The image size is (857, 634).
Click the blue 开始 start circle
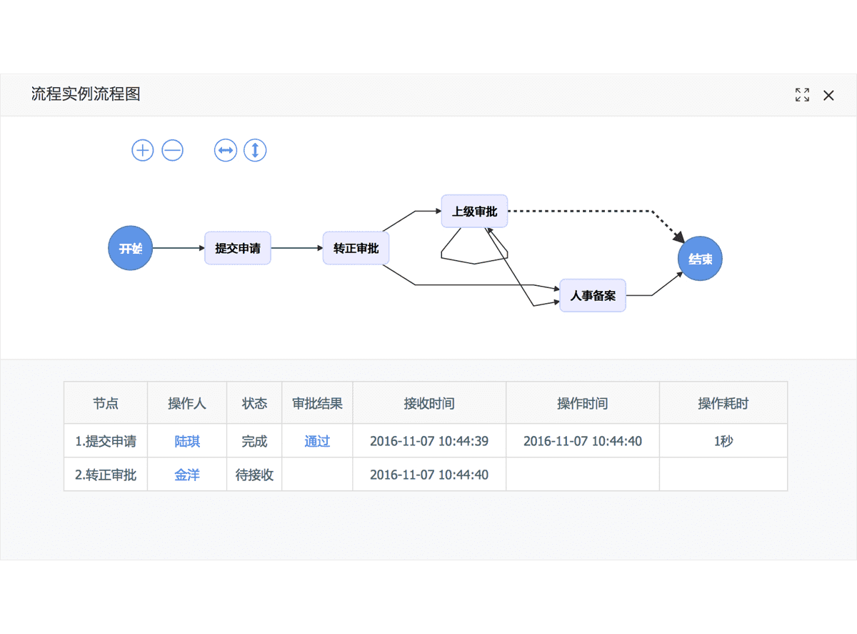[130, 248]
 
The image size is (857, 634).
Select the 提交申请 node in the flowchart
[237, 248]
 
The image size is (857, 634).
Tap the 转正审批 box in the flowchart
[356, 248]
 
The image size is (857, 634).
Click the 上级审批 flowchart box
[474, 211]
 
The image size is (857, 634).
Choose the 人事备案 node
[592, 295]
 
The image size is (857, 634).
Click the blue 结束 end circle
[700, 259]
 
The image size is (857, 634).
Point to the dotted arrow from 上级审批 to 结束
[586, 211]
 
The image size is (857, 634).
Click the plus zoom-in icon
[143, 150]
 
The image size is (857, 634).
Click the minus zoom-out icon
[173, 150]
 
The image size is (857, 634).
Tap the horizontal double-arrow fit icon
[226, 150]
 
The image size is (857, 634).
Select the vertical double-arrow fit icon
[255, 150]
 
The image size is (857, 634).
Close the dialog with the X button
[828, 95]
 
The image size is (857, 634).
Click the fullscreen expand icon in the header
[802, 95]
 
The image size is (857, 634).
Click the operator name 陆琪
[187, 441]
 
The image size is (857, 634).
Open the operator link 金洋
[187, 475]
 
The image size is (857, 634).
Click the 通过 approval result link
[317, 441]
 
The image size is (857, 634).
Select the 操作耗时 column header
[723, 403]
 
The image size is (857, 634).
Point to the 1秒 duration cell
[723, 441]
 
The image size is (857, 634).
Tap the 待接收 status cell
[254, 475]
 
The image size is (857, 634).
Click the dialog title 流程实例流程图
[86, 94]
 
